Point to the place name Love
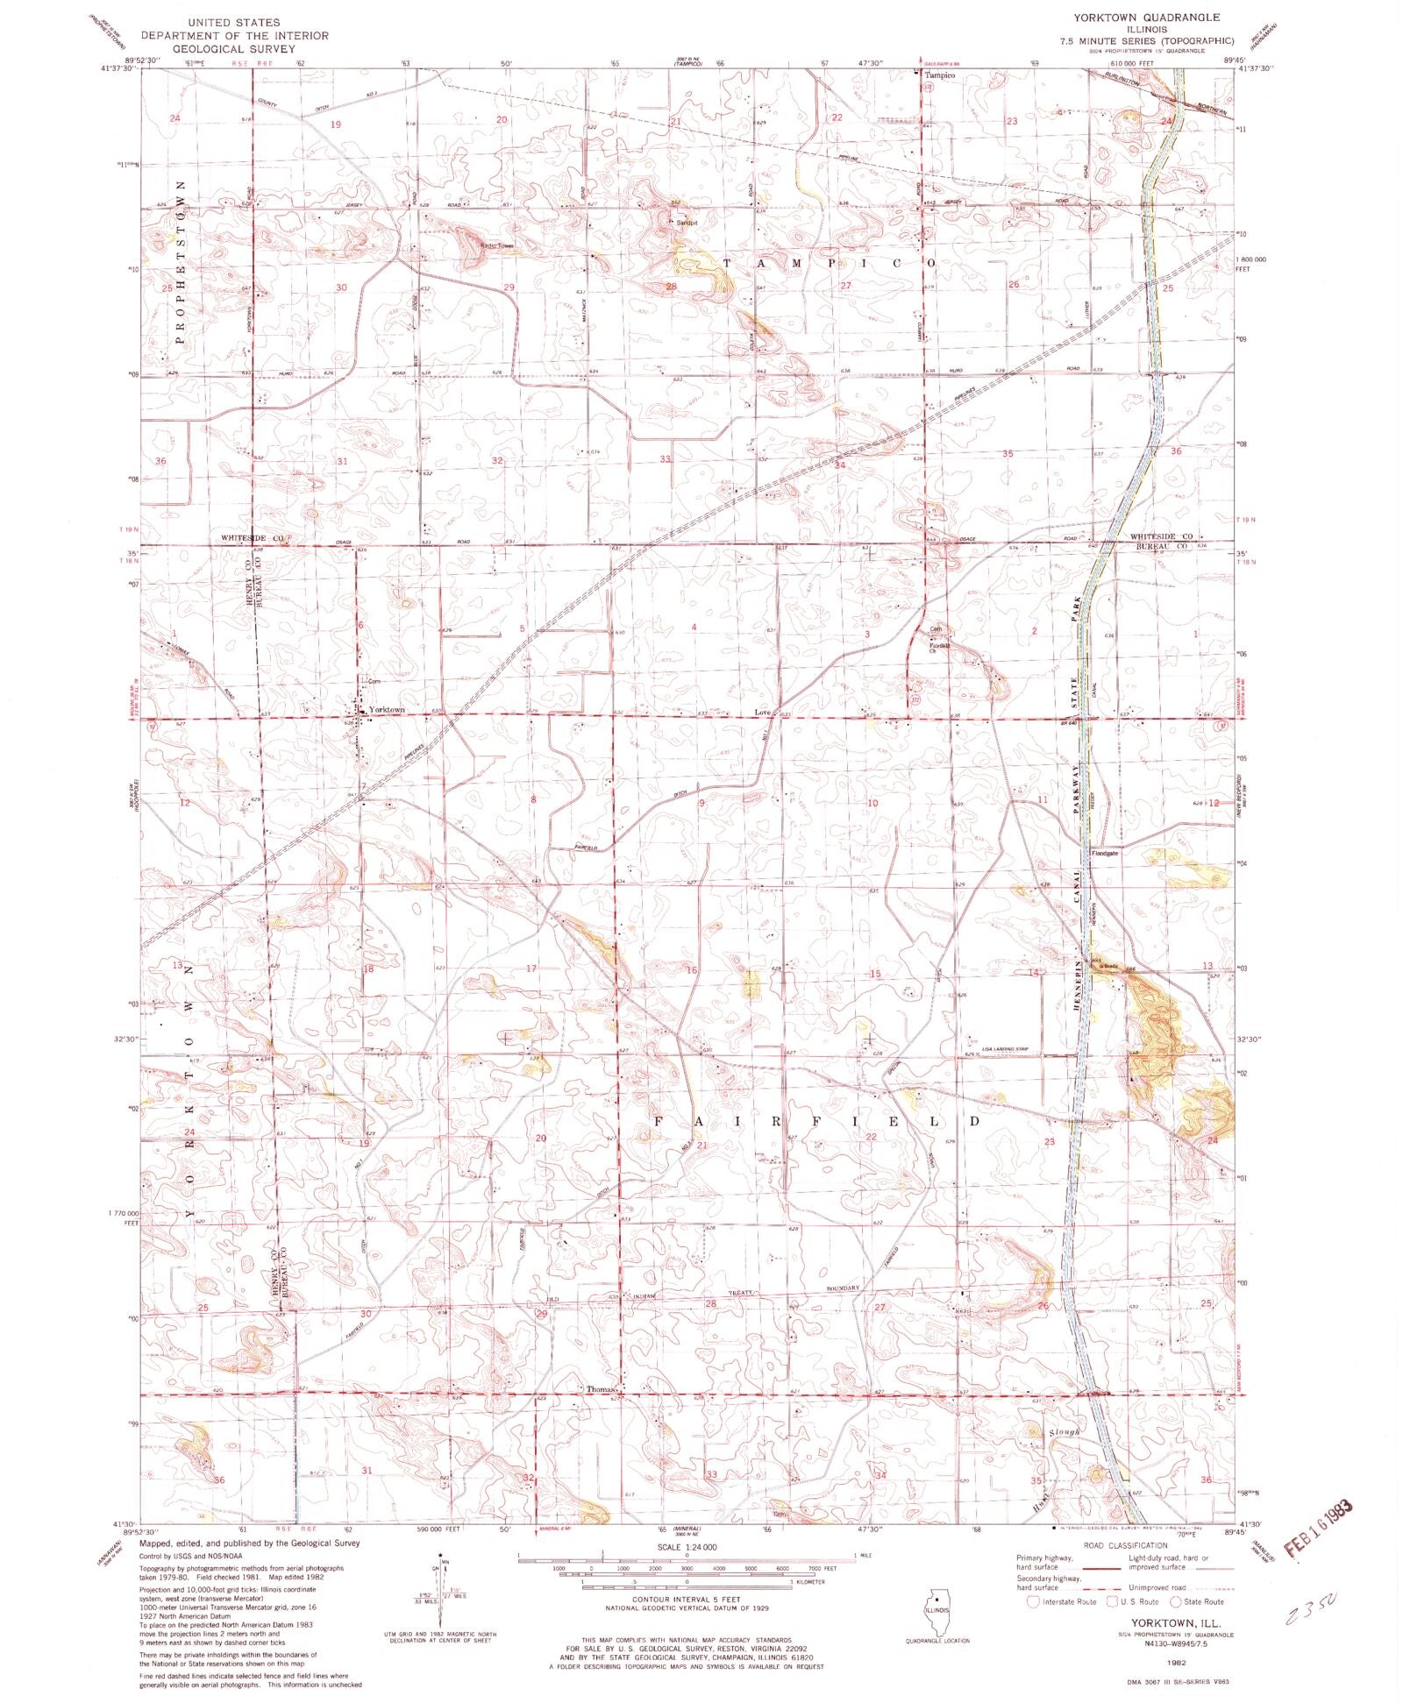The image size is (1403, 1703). [x=763, y=713]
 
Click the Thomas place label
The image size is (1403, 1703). [x=602, y=1389]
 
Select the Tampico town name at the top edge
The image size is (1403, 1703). [x=939, y=76]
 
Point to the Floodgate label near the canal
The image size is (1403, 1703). [x=1105, y=852]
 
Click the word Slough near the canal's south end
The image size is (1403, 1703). [x=1064, y=1432]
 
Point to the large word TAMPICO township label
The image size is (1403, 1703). [x=828, y=263]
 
